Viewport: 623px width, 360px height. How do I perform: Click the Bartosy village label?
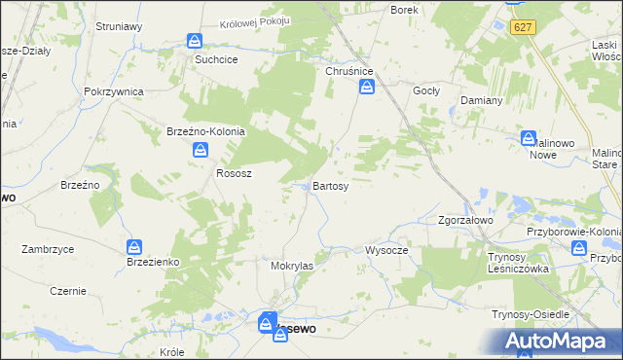tap(330, 186)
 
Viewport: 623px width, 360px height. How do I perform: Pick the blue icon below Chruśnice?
tap(367, 88)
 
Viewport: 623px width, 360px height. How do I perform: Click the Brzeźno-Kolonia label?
tap(205, 131)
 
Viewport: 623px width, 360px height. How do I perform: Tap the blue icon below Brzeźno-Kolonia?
tap(201, 150)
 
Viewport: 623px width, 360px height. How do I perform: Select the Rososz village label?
tap(234, 173)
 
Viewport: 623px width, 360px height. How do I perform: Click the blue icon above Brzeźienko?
tap(135, 247)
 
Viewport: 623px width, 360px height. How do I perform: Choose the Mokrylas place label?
tap(291, 265)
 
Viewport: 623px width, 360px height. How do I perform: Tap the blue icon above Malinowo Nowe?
tap(529, 139)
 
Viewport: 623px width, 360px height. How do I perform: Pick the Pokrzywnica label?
tap(114, 91)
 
